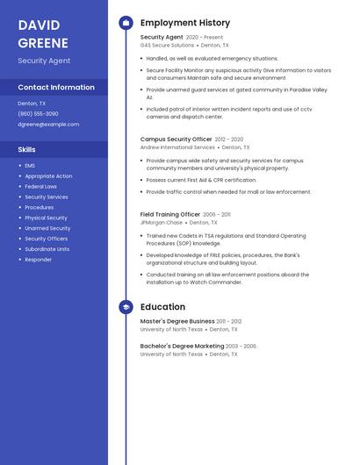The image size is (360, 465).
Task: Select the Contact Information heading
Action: (x=56, y=87)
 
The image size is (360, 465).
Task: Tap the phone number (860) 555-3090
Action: (x=38, y=114)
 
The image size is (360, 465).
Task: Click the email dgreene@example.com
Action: (x=48, y=125)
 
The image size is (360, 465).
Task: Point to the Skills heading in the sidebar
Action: (x=26, y=149)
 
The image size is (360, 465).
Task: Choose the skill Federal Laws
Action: (x=40, y=186)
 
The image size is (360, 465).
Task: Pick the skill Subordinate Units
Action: (x=47, y=249)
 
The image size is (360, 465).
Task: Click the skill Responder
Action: (x=38, y=260)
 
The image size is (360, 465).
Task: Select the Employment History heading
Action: (x=185, y=23)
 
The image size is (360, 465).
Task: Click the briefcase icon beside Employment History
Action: (x=126, y=23)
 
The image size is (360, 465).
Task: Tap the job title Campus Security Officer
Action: (x=176, y=139)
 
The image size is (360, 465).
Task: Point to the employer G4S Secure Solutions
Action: (x=167, y=45)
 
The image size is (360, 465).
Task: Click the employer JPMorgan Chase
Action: (x=162, y=222)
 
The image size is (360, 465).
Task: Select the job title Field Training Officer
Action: (x=170, y=214)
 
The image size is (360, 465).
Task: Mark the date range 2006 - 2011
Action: (x=217, y=214)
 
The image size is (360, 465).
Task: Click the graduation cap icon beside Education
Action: (x=126, y=307)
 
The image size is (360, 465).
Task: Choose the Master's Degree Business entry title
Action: (x=177, y=321)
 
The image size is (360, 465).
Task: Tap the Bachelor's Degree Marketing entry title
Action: (x=182, y=346)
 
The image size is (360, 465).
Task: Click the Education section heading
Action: (x=162, y=307)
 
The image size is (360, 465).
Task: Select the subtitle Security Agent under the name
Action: (x=44, y=61)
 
